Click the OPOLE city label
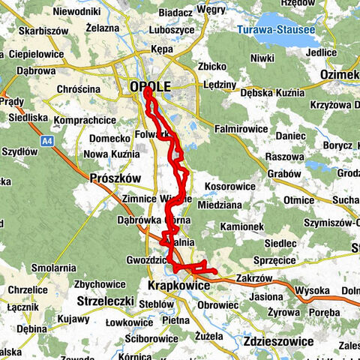coord(150,87)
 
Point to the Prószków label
coord(115,178)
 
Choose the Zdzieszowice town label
coord(278,340)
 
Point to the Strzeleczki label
coord(106,301)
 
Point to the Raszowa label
coord(284,158)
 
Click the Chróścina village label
coord(78,88)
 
